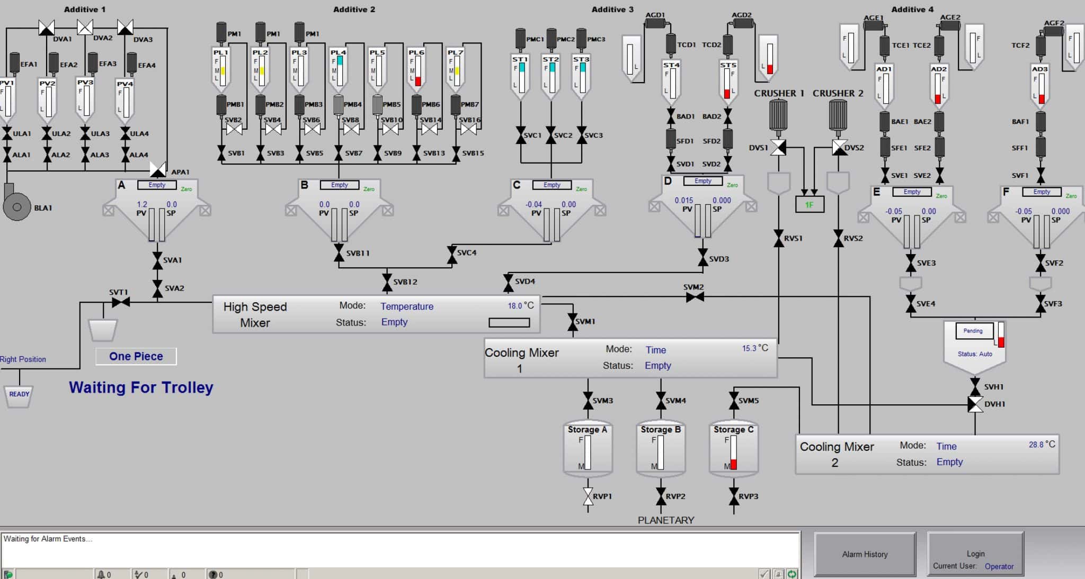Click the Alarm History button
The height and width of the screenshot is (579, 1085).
[x=865, y=554]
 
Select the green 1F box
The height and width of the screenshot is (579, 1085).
[x=810, y=204]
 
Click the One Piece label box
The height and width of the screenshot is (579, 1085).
[x=136, y=356]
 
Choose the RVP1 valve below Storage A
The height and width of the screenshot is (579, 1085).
[x=588, y=496]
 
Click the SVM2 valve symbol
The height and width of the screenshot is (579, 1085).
[x=695, y=297]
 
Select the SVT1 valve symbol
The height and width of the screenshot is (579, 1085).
[x=121, y=302]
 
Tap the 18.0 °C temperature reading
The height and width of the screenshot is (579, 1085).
[x=520, y=305]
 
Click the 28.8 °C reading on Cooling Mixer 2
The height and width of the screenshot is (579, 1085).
[x=1041, y=445]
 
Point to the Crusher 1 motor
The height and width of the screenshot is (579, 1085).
[x=778, y=114]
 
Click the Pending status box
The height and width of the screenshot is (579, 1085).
[x=973, y=331]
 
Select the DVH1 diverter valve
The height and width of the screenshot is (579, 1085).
[x=975, y=404]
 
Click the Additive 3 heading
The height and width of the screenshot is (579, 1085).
[x=612, y=10]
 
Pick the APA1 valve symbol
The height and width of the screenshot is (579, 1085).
[x=158, y=169]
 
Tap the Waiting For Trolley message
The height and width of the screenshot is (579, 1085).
[x=141, y=387]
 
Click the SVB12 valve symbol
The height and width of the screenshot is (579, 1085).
[x=387, y=282]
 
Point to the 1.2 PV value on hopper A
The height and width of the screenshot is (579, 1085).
[x=142, y=204]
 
